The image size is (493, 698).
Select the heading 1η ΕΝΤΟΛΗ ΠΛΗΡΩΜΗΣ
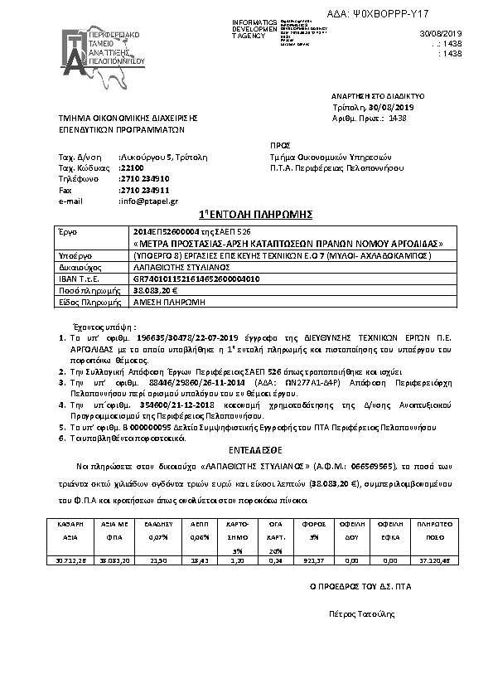(247, 214)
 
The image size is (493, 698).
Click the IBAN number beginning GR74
(196, 279)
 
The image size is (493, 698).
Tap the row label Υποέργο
(73, 257)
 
